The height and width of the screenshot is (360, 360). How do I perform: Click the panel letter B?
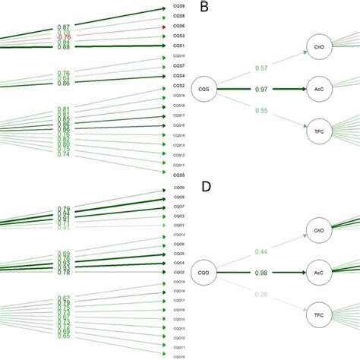(x=204, y=8)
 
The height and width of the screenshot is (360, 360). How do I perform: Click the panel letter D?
(x=204, y=186)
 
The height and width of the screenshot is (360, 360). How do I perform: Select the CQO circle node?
(x=204, y=270)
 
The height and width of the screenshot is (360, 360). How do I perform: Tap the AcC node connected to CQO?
(x=318, y=270)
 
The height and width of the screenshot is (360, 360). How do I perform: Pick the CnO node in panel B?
(x=318, y=46)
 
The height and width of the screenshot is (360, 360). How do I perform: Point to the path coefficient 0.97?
(x=262, y=89)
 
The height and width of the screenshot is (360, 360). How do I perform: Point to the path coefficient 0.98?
(x=262, y=272)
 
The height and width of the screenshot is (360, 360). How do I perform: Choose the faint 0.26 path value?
(x=262, y=294)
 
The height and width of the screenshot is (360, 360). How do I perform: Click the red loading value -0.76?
(x=63, y=36)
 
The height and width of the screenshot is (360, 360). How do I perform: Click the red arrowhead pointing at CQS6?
(x=163, y=27)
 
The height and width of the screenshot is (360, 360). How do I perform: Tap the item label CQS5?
(x=178, y=174)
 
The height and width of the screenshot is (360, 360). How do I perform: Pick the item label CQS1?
(x=178, y=46)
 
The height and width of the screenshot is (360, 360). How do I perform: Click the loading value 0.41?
(x=63, y=226)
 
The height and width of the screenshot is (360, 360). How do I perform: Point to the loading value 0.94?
(x=63, y=214)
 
